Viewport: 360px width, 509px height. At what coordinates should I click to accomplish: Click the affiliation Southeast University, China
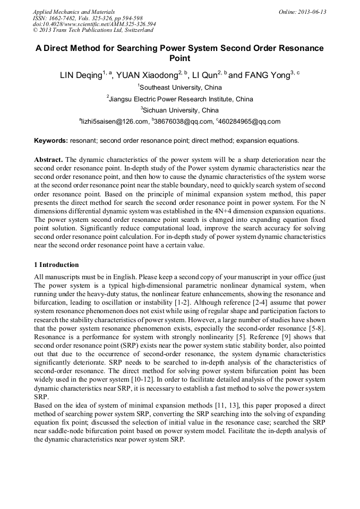click(181, 88)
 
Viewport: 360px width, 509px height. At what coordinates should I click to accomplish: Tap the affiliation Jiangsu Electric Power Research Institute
click(181, 99)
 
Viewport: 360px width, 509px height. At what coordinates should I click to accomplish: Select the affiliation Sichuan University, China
click(181, 110)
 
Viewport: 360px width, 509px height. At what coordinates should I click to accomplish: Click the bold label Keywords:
click(50, 141)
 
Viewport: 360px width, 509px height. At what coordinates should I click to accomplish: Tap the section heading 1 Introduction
click(56, 265)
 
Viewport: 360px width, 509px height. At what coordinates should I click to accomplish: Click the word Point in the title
click(179, 58)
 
